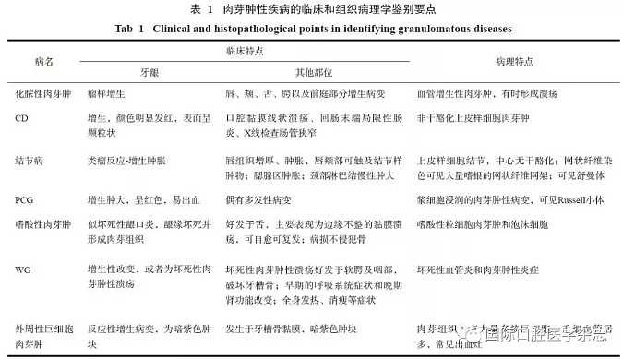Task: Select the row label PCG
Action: coord(25,199)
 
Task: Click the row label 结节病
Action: coord(29,159)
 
